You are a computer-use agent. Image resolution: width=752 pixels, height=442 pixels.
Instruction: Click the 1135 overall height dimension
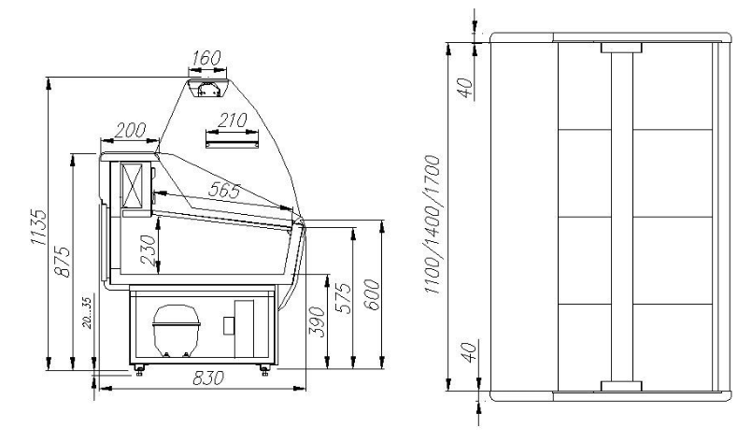click(38, 226)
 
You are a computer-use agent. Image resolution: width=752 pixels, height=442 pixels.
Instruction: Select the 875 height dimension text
click(62, 262)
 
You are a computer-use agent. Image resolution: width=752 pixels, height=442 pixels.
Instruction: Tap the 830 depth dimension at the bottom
click(208, 378)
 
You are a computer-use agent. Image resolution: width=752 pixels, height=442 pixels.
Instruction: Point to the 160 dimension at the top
click(206, 58)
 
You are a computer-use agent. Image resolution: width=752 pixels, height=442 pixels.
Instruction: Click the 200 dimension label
click(131, 130)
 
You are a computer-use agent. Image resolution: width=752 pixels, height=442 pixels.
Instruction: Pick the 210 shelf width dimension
click(232, 120)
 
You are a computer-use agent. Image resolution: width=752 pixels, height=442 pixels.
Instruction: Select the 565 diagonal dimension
click(224, 191)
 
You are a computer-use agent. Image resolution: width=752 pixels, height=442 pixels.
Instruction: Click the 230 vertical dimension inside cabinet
click(149, 250)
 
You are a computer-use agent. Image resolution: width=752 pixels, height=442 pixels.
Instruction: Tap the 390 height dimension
click(317, 322)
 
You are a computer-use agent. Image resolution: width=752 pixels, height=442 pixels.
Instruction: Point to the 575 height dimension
click(343, 298)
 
